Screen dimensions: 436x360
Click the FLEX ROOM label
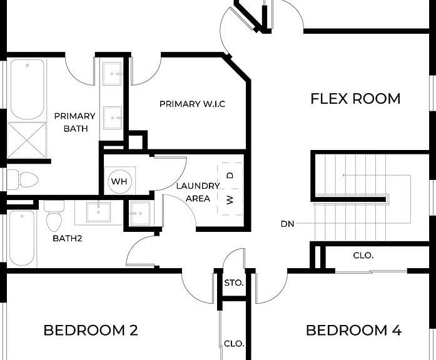pyautogui.click(x=355, y=99)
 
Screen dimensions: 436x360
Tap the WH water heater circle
pyautogui.click(x=119, y=181)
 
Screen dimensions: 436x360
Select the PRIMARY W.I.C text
pyautogui.click(x=193, y=104)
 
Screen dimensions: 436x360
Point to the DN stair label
pyautogui.click(x=288, y=224)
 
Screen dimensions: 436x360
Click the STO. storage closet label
pyautogui.click(x=234, y=283)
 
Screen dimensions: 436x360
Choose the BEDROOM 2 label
pyautogui.click(x=91, y=330)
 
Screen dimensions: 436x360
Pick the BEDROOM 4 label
pyautogui.click(x=353, y=330)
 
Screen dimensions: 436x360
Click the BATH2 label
pyautogui.click(x=68, y=238)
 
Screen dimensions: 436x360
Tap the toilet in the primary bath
pyautogui.click(x=23, y=179)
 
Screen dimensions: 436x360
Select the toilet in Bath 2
pyautogui.click(x=54, y=216)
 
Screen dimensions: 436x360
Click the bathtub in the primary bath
pyautogui.click(x=28, y=89)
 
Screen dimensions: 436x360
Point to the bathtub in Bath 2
pyautogui.click(x=22, y=238)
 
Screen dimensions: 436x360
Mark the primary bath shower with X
pyautogui.click(x=27, y=140)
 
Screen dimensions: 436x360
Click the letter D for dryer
pyautogui.click(x=230, y=176)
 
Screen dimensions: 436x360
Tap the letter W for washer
pyautogui.click(x=230, y=200)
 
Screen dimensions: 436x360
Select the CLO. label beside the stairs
pyautogui.click(x=363, y=256)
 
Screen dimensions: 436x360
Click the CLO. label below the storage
pyautogui.click(x=234, y=344)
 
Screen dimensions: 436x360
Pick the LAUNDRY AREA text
pyautogui.click(x=198, y=192)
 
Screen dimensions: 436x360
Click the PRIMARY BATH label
pyautogui.click(x=75, y=122)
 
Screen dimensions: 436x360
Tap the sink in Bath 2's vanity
pyautogui.click(x=98, y=212)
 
